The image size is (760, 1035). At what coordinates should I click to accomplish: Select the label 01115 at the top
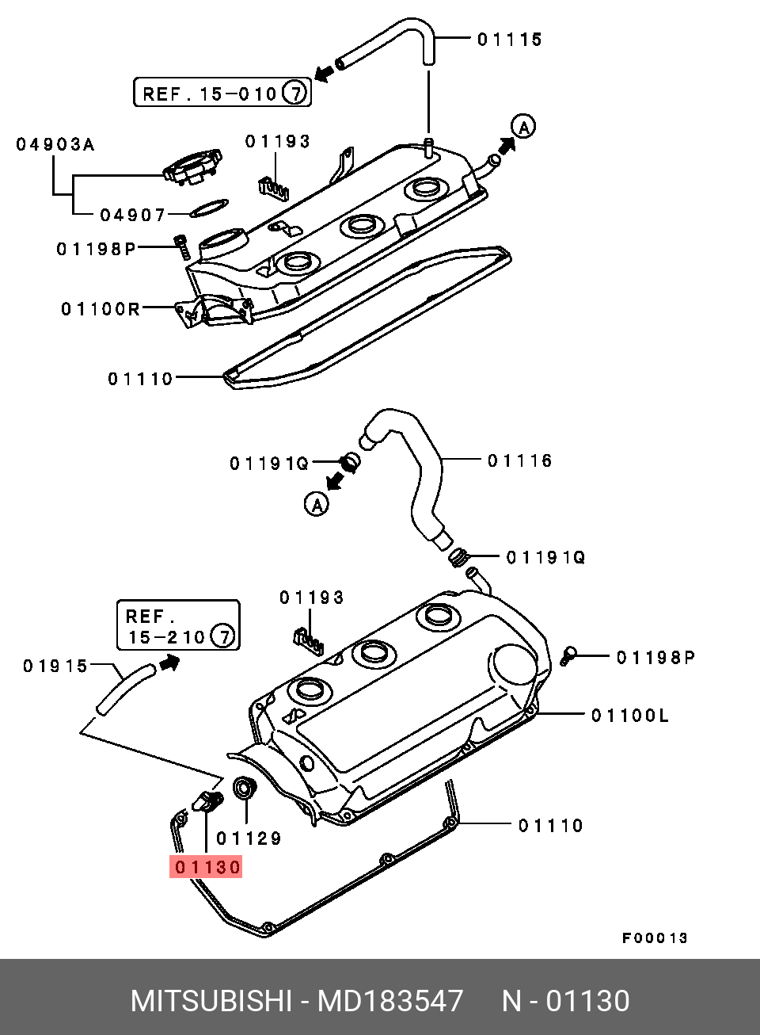click(x=510, y=39)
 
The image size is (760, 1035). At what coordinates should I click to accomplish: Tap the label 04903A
click(x=55, y=144)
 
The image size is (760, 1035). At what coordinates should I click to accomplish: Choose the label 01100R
click(x=100, y=308)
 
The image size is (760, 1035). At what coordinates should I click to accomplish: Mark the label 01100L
click(x=629, y=716)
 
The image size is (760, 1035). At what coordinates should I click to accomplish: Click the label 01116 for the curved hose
click(x=519, y=460)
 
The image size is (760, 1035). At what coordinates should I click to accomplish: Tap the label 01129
click(x=249, y=838)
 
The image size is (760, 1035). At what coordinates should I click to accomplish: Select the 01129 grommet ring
click(x=245, y=789)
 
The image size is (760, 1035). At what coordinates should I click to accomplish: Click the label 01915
click(x=55, y=666)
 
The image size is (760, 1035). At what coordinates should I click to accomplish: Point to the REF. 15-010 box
click(x=221, y=94)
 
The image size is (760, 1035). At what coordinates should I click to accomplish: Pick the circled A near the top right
click(x=523, y=125)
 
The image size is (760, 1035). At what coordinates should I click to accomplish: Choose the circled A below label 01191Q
click(x=317, y=503)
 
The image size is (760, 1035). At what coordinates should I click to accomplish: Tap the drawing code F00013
click(x=654, y=938)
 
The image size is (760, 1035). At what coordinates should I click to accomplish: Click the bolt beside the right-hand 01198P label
click(x=567, y=655)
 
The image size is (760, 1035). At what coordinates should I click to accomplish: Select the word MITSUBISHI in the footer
click(x=211, y=1001)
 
